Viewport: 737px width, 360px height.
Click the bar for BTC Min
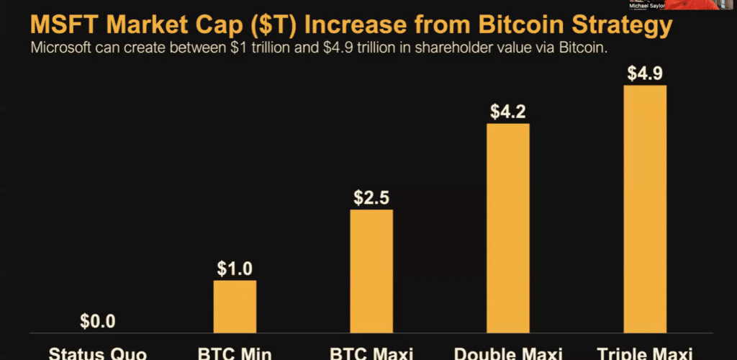point(235,306)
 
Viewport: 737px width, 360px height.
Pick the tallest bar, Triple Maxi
point(644,209)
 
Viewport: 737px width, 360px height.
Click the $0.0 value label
point(98,320)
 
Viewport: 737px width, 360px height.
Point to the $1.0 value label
point(235,269)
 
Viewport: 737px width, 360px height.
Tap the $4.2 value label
point(507,112)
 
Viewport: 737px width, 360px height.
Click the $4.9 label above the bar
point(644,73)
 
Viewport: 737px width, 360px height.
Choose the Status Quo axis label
point(98,354)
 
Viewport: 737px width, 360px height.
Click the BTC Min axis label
point(235,354)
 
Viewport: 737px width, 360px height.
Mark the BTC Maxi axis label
point(371,354)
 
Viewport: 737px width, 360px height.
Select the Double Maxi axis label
point(507,354)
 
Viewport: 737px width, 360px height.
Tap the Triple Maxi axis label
point(644,354)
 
